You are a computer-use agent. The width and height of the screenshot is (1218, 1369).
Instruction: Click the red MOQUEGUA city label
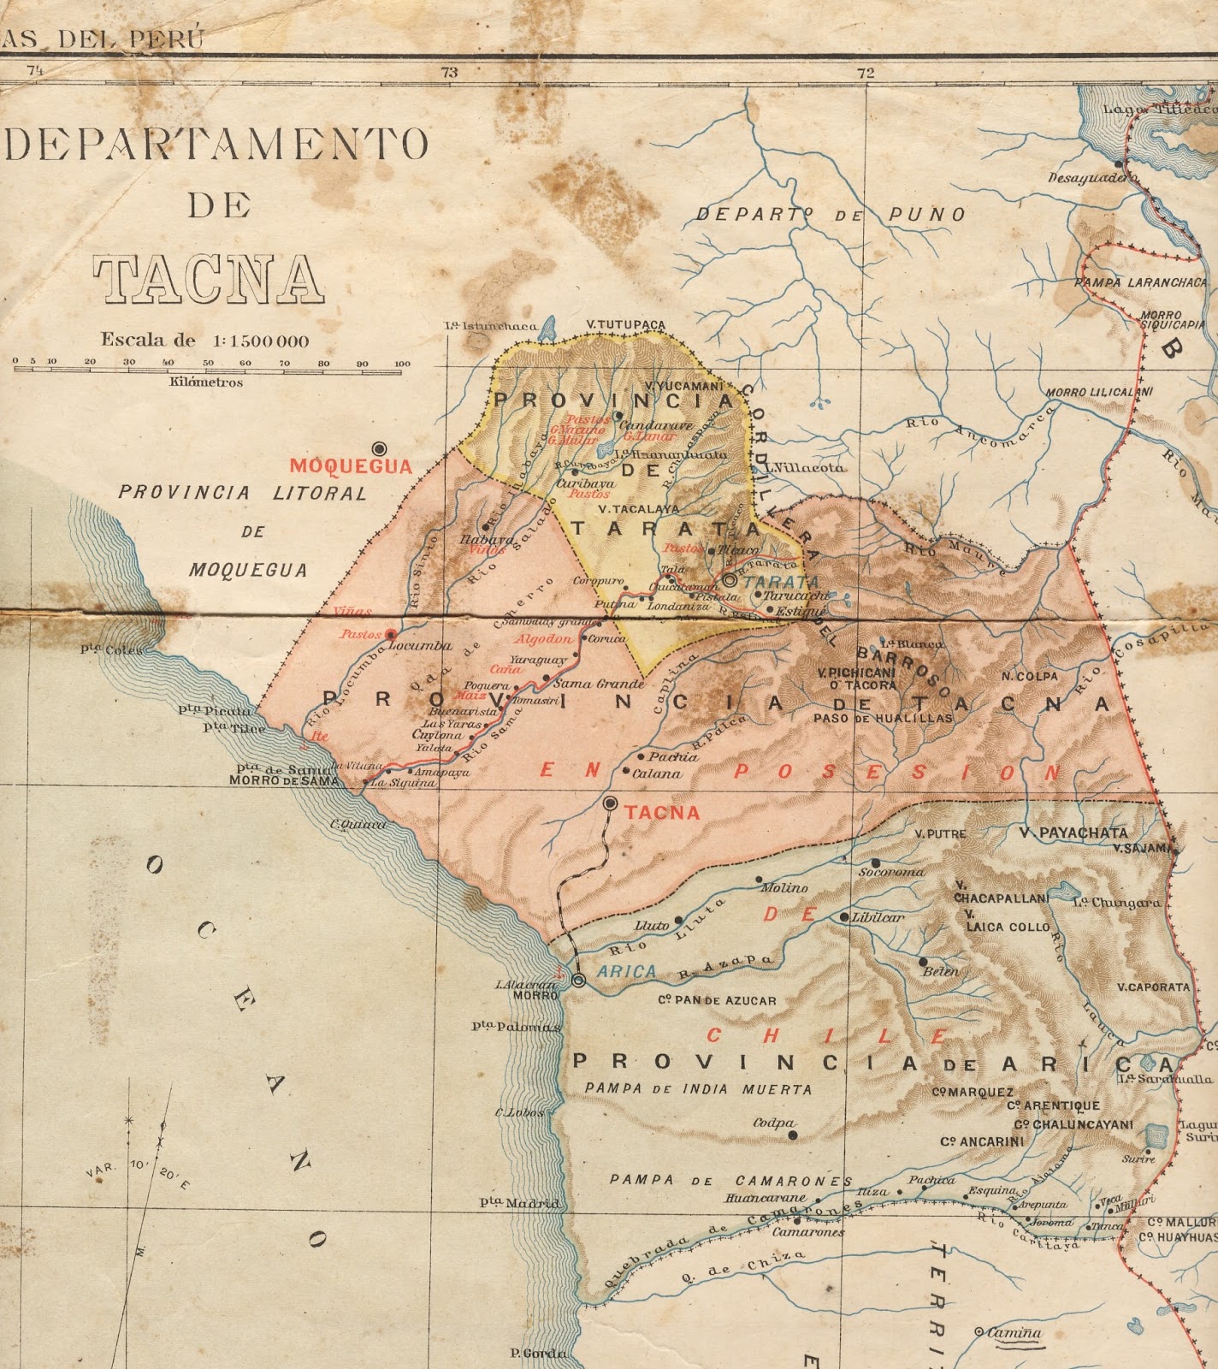(351, 466)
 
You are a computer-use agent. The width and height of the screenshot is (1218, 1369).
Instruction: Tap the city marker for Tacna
(611, 803)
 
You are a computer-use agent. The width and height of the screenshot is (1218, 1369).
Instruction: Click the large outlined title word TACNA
(209, 279)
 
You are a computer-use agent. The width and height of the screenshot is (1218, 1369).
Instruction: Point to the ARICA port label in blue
(626, 971)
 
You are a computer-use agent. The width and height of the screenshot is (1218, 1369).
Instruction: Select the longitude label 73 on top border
(449, 74)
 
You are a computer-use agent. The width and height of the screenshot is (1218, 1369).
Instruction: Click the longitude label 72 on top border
(866, 74)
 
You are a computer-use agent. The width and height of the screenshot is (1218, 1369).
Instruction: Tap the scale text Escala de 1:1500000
(205, 340)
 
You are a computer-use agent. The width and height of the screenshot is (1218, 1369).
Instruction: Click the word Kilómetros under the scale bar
(205, 382)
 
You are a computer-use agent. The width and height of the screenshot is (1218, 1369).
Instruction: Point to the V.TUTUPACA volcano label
(625, 325)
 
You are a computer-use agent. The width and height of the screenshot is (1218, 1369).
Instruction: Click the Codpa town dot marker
(793, 1135)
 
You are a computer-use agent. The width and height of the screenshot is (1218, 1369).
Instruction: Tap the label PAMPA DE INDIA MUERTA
(698, 1089)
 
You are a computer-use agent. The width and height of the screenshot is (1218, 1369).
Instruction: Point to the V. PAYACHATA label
(1073, 832)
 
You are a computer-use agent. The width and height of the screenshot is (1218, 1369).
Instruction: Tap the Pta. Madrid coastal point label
(519, 1203)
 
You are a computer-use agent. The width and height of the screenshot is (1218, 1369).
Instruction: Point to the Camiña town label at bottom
(1014, 1332)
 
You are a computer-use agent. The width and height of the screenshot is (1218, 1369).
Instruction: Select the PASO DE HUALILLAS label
(882, 719)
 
